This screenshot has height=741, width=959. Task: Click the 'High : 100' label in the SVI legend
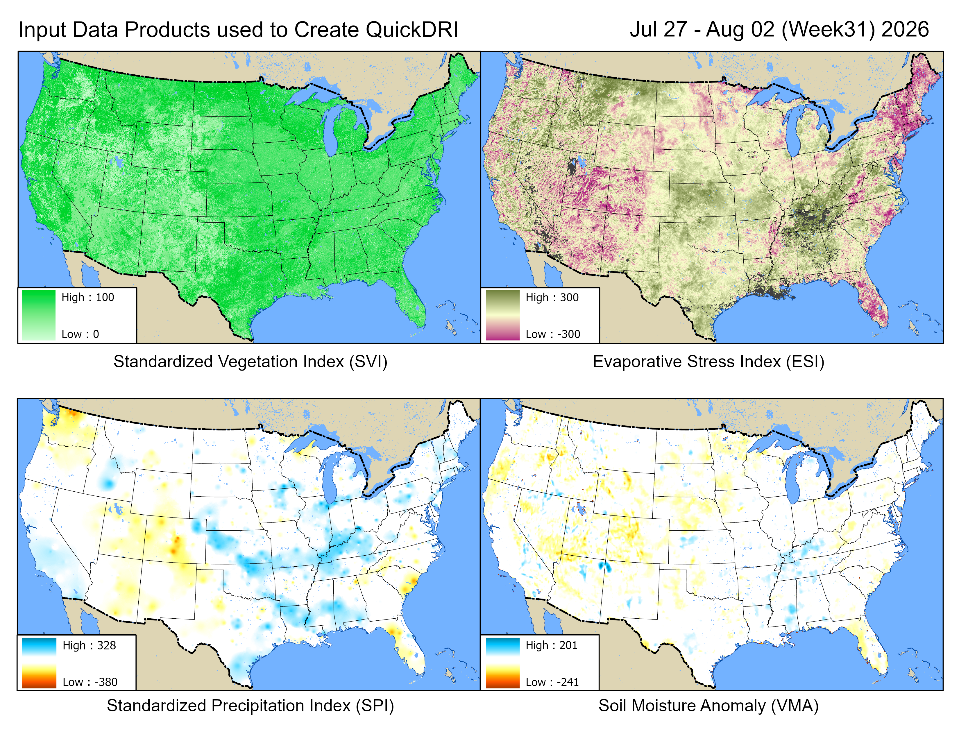[87, 297]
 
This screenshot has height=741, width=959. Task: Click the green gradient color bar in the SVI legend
[39, 315]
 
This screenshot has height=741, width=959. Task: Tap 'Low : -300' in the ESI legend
[553, 334]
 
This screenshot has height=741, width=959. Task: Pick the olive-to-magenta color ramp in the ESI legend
[503, 315]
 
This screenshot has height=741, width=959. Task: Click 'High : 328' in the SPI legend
[89, 645]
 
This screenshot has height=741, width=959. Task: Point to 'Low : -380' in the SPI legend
[90, 682]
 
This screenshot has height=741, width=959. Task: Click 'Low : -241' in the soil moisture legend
[552, 682]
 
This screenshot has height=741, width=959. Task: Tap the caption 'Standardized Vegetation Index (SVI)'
[250, 362]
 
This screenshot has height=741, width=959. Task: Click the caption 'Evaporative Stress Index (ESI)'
[709, 362]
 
